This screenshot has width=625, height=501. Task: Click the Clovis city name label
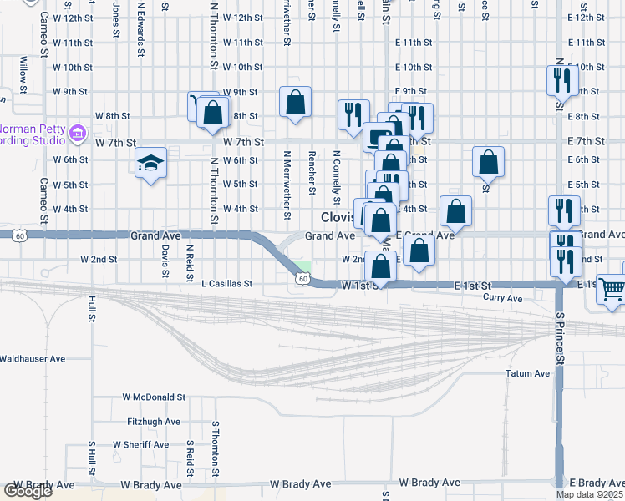pyautogui.click(x=337, y=217)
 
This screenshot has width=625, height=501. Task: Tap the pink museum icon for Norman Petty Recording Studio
pyautogui.click(x=79, y=132)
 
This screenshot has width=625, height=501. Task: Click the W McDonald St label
pyautogui.click(x=153, y=397)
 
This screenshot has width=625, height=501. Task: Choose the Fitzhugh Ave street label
pyautogui.click(x=154, y=422)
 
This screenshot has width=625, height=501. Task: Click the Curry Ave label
pyautogui.click(x=503, y=298)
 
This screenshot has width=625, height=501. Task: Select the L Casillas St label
pyautogui.click(x=227, y=284)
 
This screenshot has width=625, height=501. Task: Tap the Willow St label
pyautogui.click(x=23, y=74)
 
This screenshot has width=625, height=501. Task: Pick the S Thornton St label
pyautogui.click(x=216, y=450)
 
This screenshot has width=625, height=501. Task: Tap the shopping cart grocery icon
pyautogui.click(x=612, y=289)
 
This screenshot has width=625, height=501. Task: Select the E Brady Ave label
pyautogui.click(x=597, y=483)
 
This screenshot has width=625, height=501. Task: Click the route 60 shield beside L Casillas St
pyautogui.click(x=302, y=278)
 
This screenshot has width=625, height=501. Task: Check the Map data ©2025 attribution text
pyautogui.click(x=590, y=494)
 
